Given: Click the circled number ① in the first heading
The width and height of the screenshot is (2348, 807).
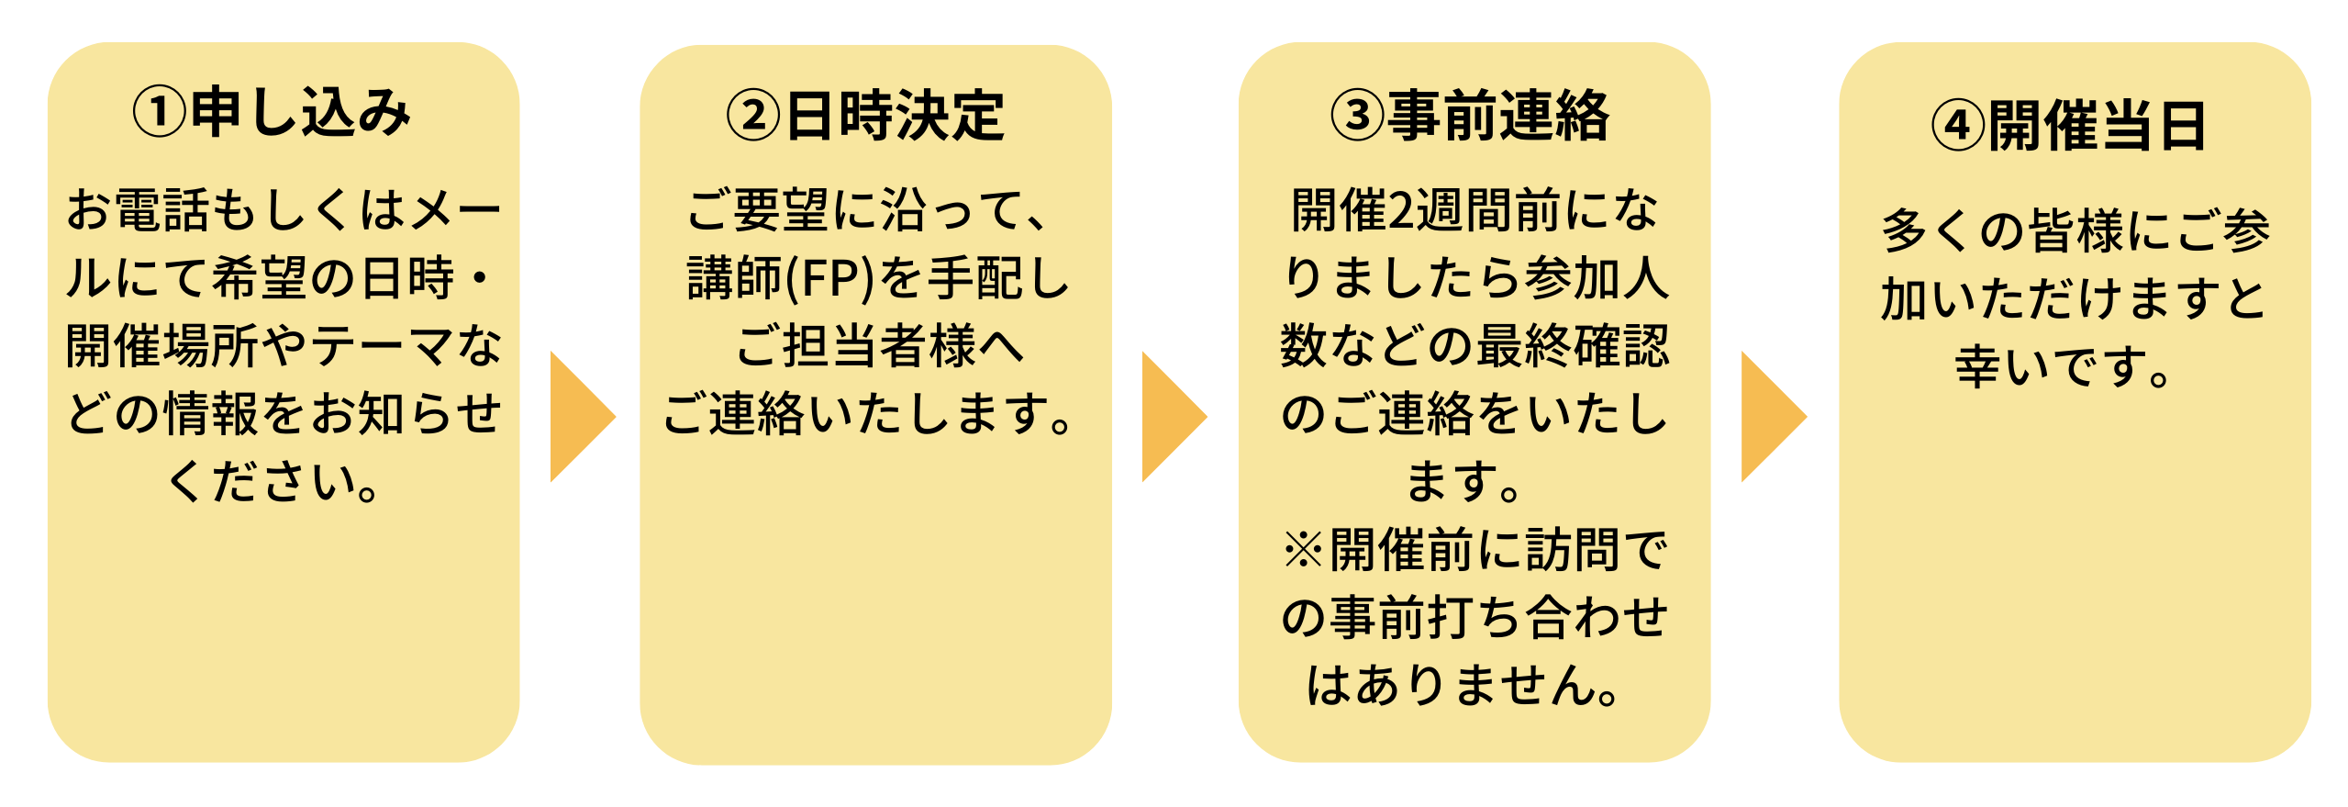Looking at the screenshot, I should [x=160, y=113].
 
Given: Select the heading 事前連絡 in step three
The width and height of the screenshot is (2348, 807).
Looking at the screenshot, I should [x=1498, y=117].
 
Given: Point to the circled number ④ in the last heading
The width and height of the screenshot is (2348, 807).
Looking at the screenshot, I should [x=1958, y=126].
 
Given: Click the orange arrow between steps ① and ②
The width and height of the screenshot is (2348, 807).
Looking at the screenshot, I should [x=578, y=416].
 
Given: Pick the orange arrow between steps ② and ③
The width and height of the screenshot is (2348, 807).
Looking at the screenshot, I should [x=1170, y=416].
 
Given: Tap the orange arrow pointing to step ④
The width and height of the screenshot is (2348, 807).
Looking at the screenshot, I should [x=1769, y=416].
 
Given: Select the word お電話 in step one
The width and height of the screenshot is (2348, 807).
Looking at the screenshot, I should [x=139, y=210].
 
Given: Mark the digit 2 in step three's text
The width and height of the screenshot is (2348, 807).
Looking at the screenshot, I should [x=1403, y=210].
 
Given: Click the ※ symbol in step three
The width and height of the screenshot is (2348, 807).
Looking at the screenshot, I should [x=1303, y=550].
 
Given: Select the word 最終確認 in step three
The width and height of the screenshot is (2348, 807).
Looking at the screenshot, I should [x=1573, y=346].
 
